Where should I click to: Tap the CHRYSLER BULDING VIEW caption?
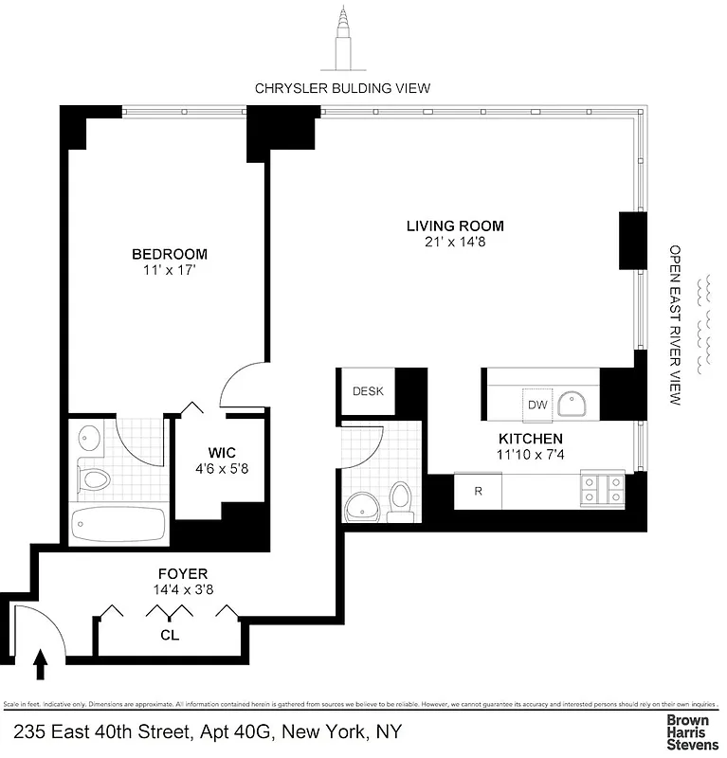342,88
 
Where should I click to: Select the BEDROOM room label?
169,254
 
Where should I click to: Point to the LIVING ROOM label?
455,226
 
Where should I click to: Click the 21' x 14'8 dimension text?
455,242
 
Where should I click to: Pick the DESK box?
367,391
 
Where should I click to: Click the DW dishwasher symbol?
537,405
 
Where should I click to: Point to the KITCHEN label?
531,439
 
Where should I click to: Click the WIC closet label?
223,452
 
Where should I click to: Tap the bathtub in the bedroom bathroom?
118,524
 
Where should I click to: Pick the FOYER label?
182,574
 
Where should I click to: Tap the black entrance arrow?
40,663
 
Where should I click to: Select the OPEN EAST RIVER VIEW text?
676,325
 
